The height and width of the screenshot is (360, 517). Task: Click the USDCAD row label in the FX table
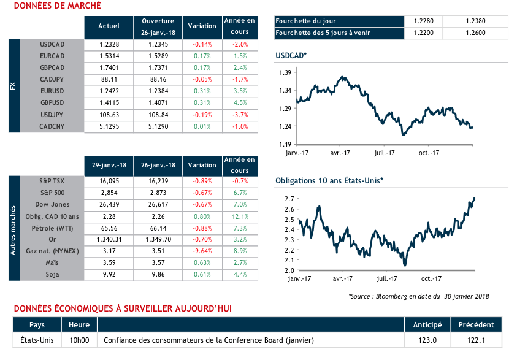click(x=52, y=45)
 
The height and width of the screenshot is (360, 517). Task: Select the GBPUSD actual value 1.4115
click(x=109, y=103)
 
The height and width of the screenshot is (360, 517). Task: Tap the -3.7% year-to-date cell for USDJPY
click(x=239, y=115)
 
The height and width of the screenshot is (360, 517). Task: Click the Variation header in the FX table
click(x=202, y=26)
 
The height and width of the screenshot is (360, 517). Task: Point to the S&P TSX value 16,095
click(x=109, y=182)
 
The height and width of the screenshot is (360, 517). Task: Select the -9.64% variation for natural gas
click(x=202, y=251)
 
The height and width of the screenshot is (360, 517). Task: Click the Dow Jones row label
click(x=52, y=205)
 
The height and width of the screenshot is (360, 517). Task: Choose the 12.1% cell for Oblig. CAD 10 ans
click(x=239, y=216)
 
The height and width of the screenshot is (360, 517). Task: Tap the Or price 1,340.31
click(x=109, y=239)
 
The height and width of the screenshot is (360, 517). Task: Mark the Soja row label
click(x=52, y=274)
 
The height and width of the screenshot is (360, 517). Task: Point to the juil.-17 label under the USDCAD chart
click(x=385, y=153)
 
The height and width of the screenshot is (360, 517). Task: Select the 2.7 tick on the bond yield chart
click(x=287, y=199)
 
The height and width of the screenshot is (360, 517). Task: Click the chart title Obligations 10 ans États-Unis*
click(x=329, y=180)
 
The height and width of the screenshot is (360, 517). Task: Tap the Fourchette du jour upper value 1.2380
click(x=478, y=20)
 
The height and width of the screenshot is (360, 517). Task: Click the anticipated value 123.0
click(x=427, y=340)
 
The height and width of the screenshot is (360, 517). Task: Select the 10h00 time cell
click(x=80, y=340)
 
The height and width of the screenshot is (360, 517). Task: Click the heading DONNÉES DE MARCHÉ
click(x=58, y=6)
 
